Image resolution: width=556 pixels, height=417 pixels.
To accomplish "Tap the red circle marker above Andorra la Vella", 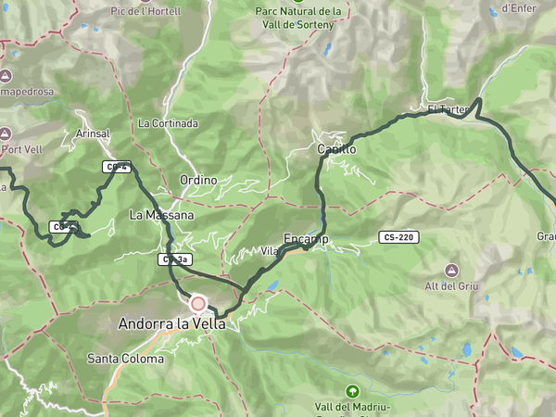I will [x=197, y=303].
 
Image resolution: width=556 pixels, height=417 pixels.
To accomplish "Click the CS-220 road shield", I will [x=398, y=237].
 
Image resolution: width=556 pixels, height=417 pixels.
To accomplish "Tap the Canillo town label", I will [x=335, y=148].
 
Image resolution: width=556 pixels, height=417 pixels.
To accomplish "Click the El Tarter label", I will [x=448, y=109].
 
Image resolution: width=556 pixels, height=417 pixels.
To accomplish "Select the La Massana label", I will [x=161, y=215].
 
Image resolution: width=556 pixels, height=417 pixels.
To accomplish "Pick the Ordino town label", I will [x=198, y=180].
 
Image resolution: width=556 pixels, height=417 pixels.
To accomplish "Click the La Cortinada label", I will [x=167, y=123].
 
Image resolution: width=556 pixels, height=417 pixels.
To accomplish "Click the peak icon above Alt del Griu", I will [x=450, y=270].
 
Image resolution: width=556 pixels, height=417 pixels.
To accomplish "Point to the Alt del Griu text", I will [x=450, y=286].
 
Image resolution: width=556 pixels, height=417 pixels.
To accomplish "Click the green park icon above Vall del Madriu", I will [x=351, y=391].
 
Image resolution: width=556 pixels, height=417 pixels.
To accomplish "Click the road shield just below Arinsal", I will [x=116, y=167].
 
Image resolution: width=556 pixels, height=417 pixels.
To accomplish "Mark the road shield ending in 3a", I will [x=174, y=259].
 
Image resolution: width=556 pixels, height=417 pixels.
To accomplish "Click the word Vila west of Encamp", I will [x=270, y=251].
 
